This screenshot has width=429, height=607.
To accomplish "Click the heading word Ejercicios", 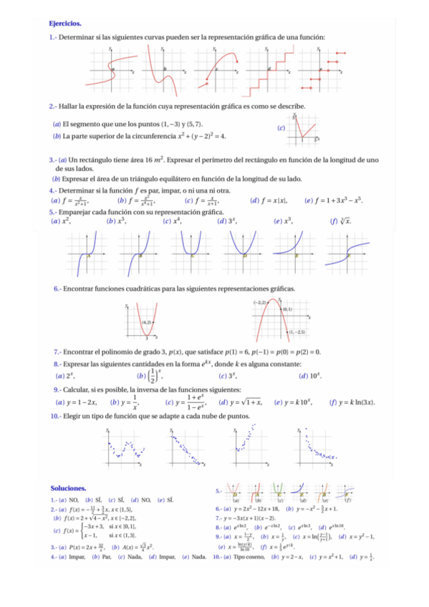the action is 65,24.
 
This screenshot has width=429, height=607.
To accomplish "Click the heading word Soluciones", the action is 67,487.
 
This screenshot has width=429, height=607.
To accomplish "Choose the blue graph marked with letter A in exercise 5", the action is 87,254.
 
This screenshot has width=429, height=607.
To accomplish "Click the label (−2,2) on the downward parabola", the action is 259,303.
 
